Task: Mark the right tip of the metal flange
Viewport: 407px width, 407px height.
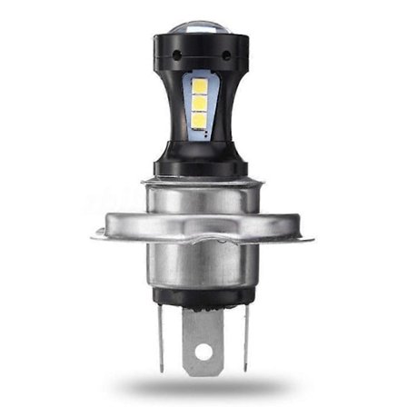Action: [x=311, y=238]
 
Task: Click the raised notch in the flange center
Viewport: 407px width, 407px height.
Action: [x=202, y=238]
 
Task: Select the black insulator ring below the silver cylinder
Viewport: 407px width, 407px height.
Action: [x=202, y=296]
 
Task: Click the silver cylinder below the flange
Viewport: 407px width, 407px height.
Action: [x=202, y=268]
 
